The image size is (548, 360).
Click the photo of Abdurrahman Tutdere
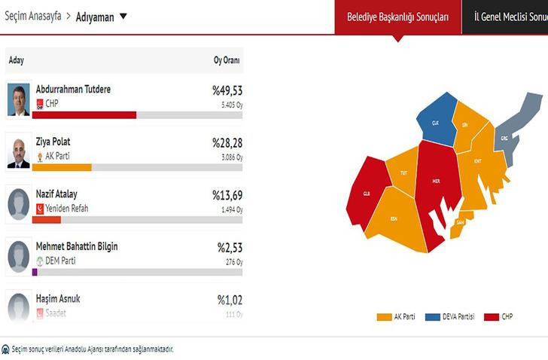coord(18,99)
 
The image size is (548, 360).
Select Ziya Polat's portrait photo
coord(18,151)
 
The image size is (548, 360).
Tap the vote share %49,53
coord(227,91)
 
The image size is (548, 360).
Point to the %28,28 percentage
coord(227,143)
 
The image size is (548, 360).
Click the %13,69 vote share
coord(227,195)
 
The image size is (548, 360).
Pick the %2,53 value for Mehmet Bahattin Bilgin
coord(229,247)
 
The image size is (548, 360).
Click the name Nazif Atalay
coord(56,194)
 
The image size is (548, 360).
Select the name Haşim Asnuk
coord(58,299)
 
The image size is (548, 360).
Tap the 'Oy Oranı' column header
coord(228,60)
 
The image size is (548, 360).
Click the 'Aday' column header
coord(16,60)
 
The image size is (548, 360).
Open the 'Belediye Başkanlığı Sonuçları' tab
coord(397,17)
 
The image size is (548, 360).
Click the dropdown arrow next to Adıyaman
coord(123,16)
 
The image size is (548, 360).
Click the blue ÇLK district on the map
coord(435,123)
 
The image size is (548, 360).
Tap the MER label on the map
coord(436,182)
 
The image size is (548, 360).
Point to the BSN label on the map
coord(393,218)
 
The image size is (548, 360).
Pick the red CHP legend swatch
coord(491,317)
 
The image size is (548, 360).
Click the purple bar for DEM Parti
coord(34,272)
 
